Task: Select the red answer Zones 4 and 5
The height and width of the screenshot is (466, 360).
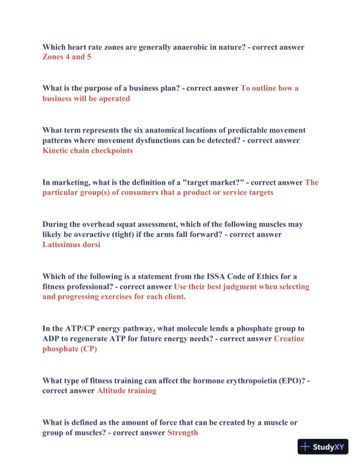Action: point(66,57)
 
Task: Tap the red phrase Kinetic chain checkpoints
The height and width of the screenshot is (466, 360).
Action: point(88,151)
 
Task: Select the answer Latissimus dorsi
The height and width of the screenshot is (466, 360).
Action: point(71,245)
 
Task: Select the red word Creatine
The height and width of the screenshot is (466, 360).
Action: point(289,339)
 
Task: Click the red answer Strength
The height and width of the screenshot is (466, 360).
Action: point(183,432)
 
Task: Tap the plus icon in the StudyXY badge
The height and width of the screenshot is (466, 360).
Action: point(305,447)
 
